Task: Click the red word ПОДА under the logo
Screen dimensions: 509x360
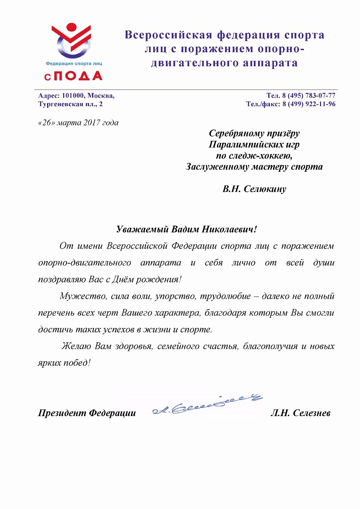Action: (79, 76)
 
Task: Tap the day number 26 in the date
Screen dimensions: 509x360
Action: (46, 123)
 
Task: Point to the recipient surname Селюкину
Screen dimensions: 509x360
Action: (264, 189)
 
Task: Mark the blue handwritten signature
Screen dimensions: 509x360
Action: (207, 403)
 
